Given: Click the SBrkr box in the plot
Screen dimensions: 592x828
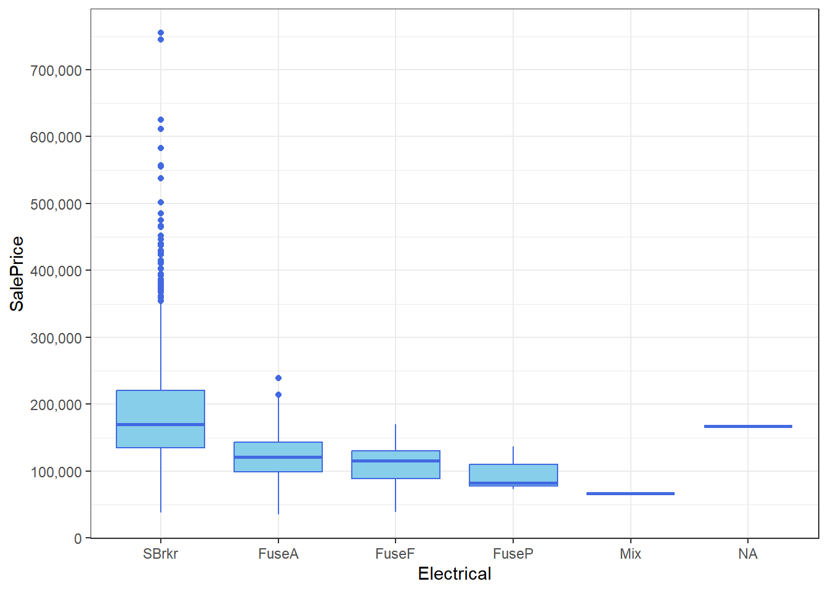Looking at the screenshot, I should click(160, 419).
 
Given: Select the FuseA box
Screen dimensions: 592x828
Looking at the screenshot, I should click(278, 457).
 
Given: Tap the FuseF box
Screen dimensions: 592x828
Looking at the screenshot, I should click(396, 464).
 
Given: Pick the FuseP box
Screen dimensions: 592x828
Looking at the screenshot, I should click(513, 475).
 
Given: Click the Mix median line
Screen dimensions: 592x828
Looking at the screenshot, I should click(630, 493).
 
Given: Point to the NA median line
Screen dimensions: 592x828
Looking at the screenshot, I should click(748, 426).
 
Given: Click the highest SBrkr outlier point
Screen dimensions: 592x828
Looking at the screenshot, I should click(161, 33).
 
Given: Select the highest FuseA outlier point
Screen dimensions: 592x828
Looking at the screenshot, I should click(278, 378).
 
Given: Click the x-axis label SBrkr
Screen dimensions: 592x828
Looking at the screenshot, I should click(160, 554).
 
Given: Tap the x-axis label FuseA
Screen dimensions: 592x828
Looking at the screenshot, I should click(278, 554).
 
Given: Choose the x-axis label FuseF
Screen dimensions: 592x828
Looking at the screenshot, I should click(395, 554).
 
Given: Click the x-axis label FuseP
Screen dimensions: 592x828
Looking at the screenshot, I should click(513, 554).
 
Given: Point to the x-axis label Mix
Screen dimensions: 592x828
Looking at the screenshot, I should click(630, 554).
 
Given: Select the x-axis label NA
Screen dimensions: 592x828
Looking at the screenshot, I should click(748, 554).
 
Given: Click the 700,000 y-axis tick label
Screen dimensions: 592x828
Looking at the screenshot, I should click(56, 71).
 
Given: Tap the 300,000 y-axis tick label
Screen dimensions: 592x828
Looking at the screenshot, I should click(56, 339).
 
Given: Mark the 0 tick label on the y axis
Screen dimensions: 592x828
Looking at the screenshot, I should click(78, 539).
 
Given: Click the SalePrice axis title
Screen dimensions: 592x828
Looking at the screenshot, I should click(17, 274).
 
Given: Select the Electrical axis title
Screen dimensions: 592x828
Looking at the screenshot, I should click(455, 574).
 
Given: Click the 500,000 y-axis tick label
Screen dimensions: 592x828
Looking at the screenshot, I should click(56, 205).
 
